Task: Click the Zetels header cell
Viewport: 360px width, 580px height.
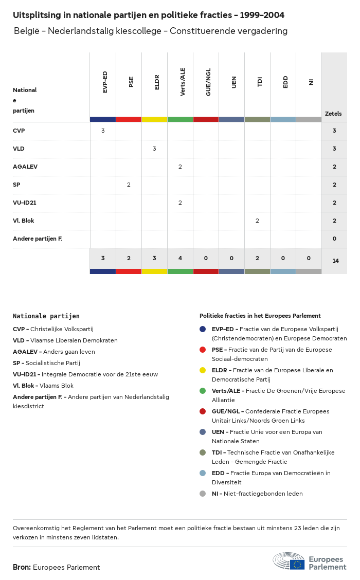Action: tap(333, 114)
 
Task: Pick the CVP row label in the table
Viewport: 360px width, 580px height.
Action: tap(19, 131)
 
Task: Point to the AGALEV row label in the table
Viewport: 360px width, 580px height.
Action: tap(25, 167)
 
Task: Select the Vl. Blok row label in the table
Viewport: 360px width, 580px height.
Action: tap(24, 221)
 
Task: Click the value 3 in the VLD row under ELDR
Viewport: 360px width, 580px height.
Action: tap(154, 149)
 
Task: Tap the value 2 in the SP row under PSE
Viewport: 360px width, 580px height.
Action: tap(129, 185)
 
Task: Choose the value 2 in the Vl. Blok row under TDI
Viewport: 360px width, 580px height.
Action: tap(257, 221)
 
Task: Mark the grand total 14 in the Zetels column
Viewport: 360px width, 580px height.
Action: tap(335, 261)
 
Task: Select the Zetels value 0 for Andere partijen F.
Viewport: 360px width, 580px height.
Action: tap(334, 239)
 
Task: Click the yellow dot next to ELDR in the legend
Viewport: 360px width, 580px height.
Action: tap(203, 370)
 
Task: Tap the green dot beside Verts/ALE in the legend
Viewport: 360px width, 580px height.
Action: tap(203, 391)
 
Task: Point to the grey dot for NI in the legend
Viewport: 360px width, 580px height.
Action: tap(203, 494)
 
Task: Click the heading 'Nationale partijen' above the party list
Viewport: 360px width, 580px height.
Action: tap(46, 316)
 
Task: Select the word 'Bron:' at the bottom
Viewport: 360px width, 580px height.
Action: tap(22, 567)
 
